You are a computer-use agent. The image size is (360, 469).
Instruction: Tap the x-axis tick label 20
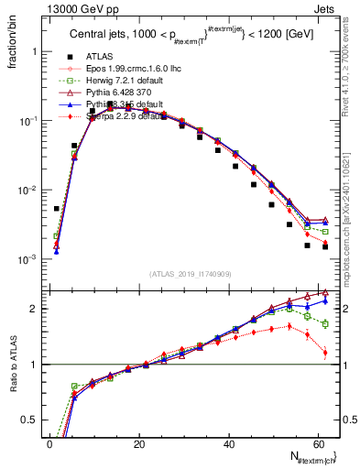point(138,443)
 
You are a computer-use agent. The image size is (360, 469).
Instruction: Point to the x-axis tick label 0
point(49,443)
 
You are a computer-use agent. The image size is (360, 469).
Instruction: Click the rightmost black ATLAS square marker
point(325,246)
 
